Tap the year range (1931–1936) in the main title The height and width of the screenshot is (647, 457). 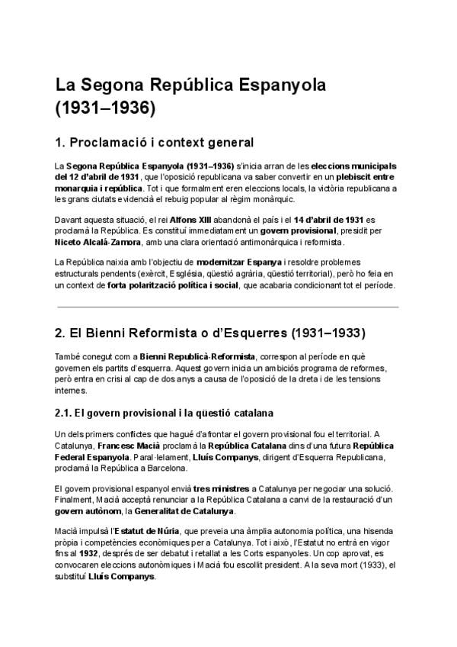pos(106,109)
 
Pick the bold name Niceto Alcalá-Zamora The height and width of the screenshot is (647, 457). pos(98,242)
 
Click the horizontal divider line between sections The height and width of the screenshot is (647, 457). pos(228,307)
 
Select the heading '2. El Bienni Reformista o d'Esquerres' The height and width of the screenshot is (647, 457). pos(206,333)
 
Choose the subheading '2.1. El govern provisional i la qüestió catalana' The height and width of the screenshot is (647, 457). pos(165,414)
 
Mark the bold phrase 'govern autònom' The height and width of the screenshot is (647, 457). pos(86,510)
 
